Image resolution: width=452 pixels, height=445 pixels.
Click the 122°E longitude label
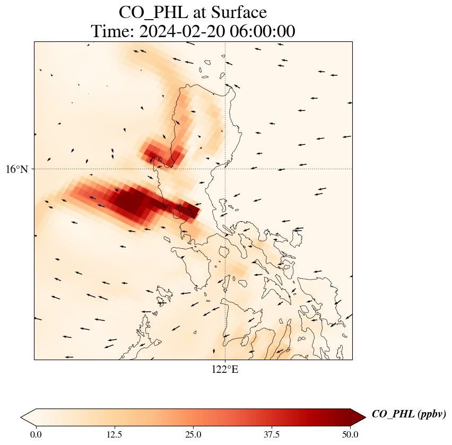click(225, 369)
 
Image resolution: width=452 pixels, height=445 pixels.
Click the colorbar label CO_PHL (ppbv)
click(408, 414)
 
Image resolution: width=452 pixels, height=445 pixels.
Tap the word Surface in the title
click(237, 12)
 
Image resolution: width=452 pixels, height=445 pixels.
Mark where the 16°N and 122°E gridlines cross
click(225, 169)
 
